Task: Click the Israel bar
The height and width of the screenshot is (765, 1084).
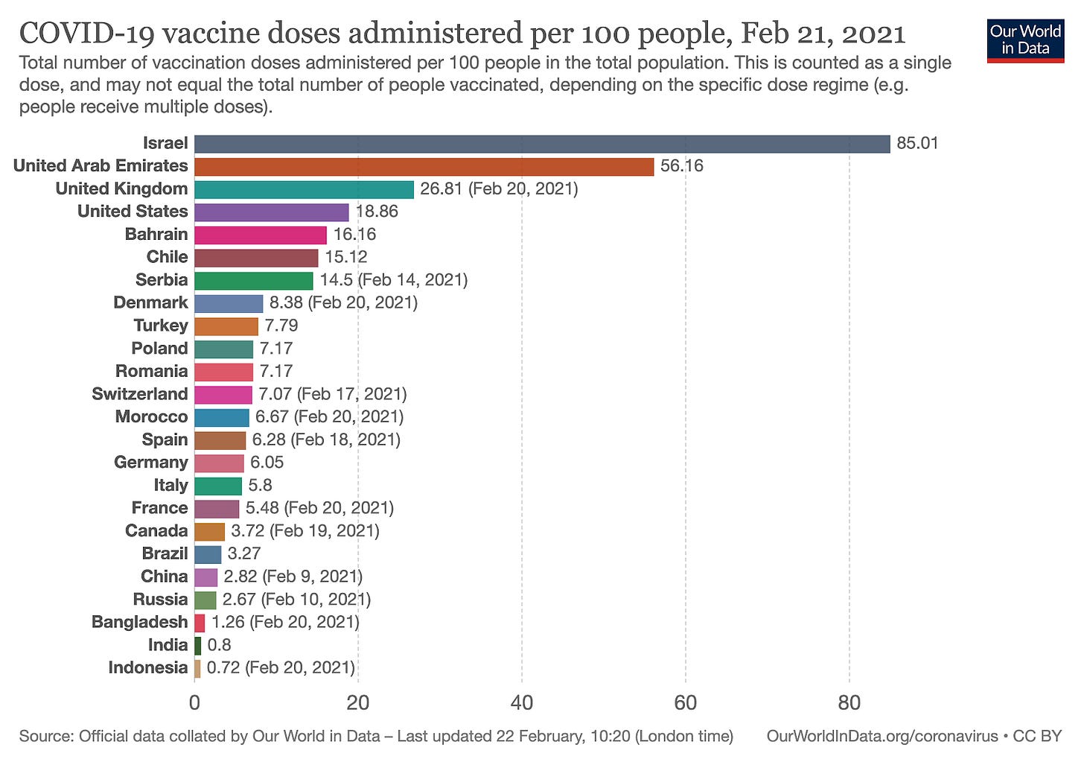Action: (x=542, y=144)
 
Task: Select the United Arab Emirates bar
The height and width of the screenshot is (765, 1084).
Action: (x=424, y=166)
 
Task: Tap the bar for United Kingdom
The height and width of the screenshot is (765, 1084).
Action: (x=304, y=189)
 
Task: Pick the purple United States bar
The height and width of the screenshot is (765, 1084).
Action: (x=271, y=212)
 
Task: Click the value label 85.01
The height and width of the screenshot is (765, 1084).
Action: (x=917, y=143)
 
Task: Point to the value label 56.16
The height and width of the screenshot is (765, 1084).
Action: (x=681, y=166)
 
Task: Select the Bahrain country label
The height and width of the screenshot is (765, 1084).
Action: (x=156, y=235)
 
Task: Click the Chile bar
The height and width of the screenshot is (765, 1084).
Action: (x=256, y=258)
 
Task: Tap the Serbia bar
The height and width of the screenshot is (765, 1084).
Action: (x=253, y=281)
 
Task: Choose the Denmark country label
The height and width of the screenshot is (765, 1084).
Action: (x=150, y=303)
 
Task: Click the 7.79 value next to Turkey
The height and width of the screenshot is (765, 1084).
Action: (x=281, y=326)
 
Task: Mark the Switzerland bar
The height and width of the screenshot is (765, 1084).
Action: (x=223, y=395)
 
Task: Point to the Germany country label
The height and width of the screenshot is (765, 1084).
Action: (x=151, y=463)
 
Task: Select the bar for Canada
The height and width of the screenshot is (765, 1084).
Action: (x=209, y=531)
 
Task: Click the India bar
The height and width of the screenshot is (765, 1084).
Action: (x=197, y=645)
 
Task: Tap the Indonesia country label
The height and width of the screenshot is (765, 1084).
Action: (x=148, y=668)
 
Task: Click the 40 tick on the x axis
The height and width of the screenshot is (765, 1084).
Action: (x=522, y=703)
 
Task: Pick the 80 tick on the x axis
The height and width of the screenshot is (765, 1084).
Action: (x=849, y=703)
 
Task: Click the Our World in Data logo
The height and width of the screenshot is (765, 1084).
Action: (x=1025, y=41)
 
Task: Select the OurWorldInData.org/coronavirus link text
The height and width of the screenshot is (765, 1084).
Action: (x=881, y=737)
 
